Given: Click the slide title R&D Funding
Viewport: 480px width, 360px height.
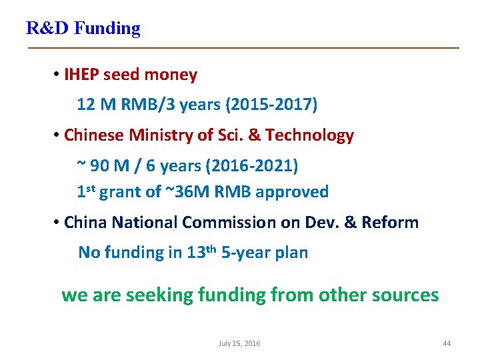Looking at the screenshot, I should [83, 28].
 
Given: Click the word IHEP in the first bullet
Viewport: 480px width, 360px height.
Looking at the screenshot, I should [81, 75].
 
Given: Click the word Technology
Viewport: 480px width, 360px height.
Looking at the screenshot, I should [309, 135].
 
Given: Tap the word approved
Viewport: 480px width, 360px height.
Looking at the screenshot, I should [292, 192].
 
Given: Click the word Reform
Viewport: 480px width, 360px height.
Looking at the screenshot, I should [390, 222].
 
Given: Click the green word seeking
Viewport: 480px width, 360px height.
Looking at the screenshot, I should [159, 295].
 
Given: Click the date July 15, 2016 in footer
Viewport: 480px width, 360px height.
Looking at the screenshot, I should [239, 343].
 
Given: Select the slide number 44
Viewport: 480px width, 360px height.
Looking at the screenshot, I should [447, 343].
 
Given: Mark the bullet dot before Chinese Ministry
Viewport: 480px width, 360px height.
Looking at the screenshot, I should [57, 135].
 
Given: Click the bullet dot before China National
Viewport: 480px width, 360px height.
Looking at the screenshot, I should [57, 222].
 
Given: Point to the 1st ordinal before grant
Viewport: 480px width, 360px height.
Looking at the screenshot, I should [88, 191].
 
